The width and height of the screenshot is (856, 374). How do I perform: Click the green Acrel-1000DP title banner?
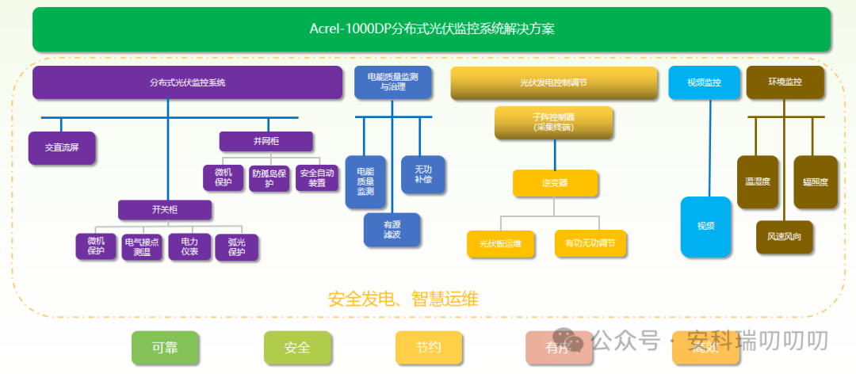pyautogui.click(x=431, y=29)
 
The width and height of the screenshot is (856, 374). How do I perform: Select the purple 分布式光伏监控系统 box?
pyautogui.click(x=187, y=82)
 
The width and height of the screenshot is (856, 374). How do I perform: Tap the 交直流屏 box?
pyautogui.click(x=61, y=148)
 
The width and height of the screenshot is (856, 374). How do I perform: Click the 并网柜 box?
pyautogui.click(x=266, y=141)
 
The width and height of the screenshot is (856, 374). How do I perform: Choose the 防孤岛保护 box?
pyautogui.click(x=269, y=178)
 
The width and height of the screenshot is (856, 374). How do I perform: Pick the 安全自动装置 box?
pyautogui.click(x=316, y=178)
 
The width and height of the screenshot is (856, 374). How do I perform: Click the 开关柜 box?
pyautogui.click(x=165, y=210)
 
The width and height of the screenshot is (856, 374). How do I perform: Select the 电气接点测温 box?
pyautogui.click(x=142, y=246)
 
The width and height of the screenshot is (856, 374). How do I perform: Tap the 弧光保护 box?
pyautogui.click(x=236, y=247)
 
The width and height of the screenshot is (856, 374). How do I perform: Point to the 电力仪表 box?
pyautogui.click(x=189, y=246)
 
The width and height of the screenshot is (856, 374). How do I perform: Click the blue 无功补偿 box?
pyautogui.click(x=422, y=174)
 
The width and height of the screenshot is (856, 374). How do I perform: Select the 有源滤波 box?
pyautogui.click(x=392, y=230)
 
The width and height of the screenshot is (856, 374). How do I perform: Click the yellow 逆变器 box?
pyautogui.click(x=554, y=183)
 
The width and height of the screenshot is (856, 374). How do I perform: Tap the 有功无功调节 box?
pyautogui.click(x=590, y=243)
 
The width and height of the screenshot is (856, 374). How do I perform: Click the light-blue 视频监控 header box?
pyautogui.click(x=703, y=82)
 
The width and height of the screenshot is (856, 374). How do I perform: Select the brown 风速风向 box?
pyautogui.click(x=783, y=237)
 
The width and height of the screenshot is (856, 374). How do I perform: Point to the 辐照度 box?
pyautogui.click(x=815, y=182)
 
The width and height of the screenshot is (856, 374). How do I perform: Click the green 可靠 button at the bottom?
pyautogui.click(x=165, y=347)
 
